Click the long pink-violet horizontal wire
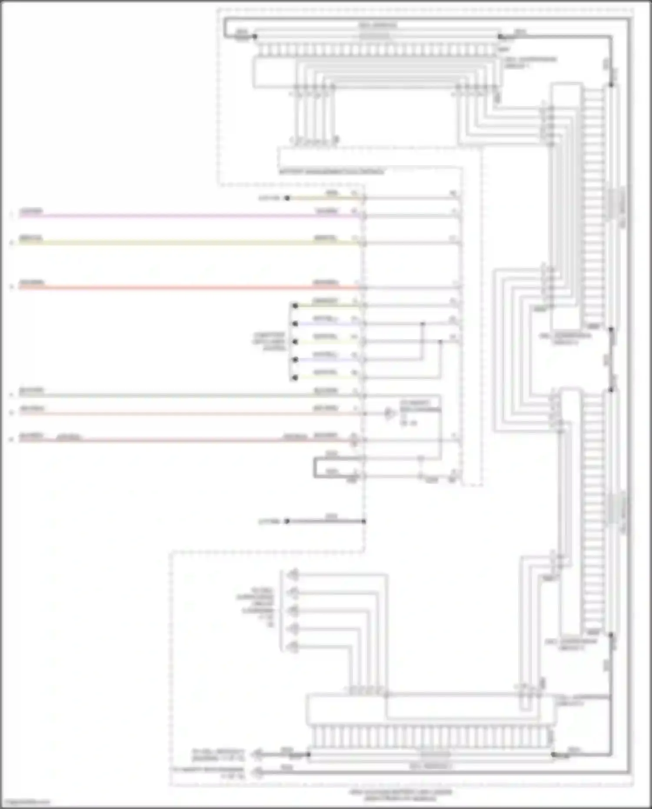click(174, 216)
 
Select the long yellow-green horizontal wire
click(174, 243)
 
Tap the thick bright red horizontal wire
click(174, 287)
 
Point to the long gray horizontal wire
click(174, 395)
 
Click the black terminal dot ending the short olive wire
click(287, 198)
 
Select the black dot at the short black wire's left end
click(287, 521)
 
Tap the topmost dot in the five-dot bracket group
click(295, 306)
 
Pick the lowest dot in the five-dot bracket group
click(295, 378)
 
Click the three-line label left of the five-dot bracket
click(269, 342)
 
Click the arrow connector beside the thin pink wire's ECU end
click(389, 413)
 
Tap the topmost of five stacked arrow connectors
click(294, 575)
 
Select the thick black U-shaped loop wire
click(315, 468)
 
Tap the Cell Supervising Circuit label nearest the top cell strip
click(530, 62)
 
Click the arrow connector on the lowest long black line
click(258, 772)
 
